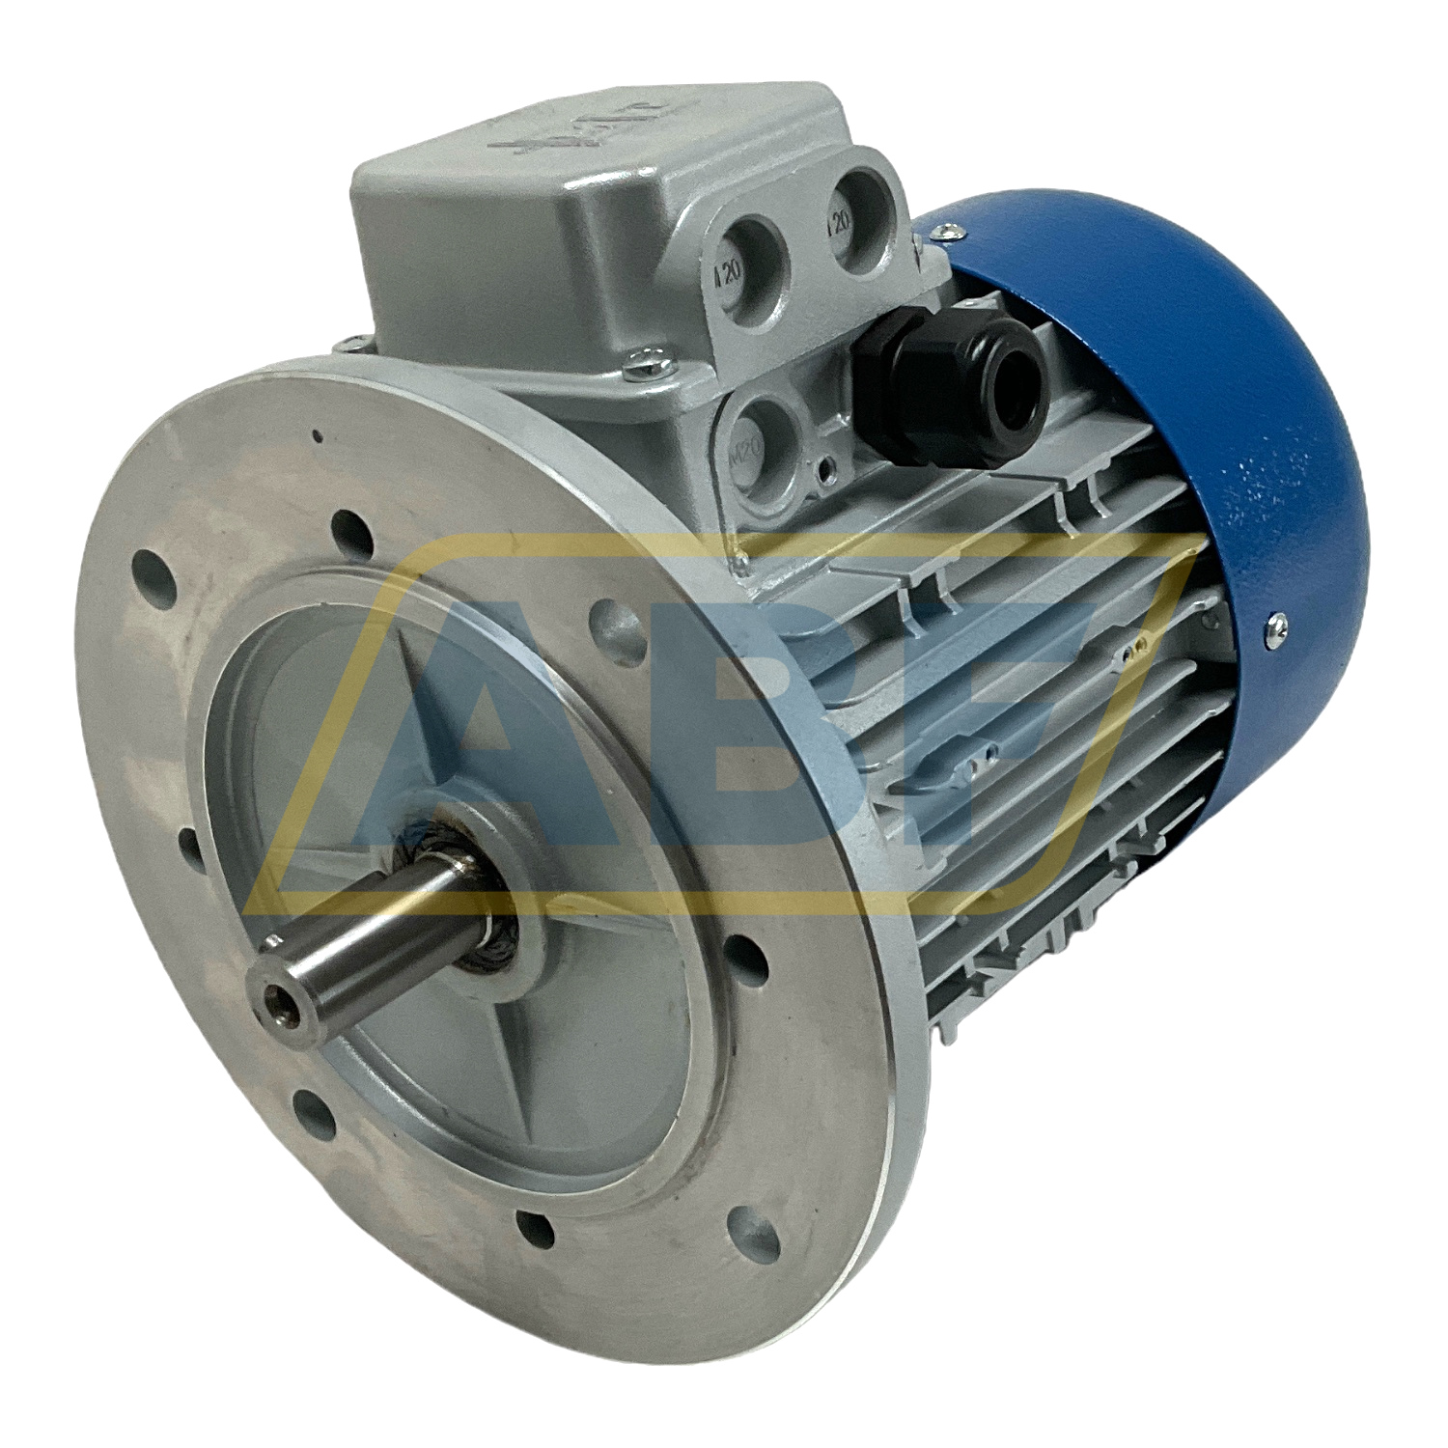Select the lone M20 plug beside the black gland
coord(762,431)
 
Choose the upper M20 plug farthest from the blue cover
coord(749,256)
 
